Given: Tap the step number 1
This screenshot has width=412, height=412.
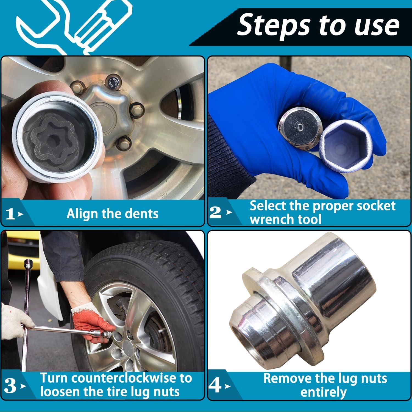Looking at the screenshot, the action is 11,214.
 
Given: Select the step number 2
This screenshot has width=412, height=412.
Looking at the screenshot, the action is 216,212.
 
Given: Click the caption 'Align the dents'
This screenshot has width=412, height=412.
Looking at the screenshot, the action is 113,214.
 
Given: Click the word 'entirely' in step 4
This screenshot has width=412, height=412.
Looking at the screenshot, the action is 324,392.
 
